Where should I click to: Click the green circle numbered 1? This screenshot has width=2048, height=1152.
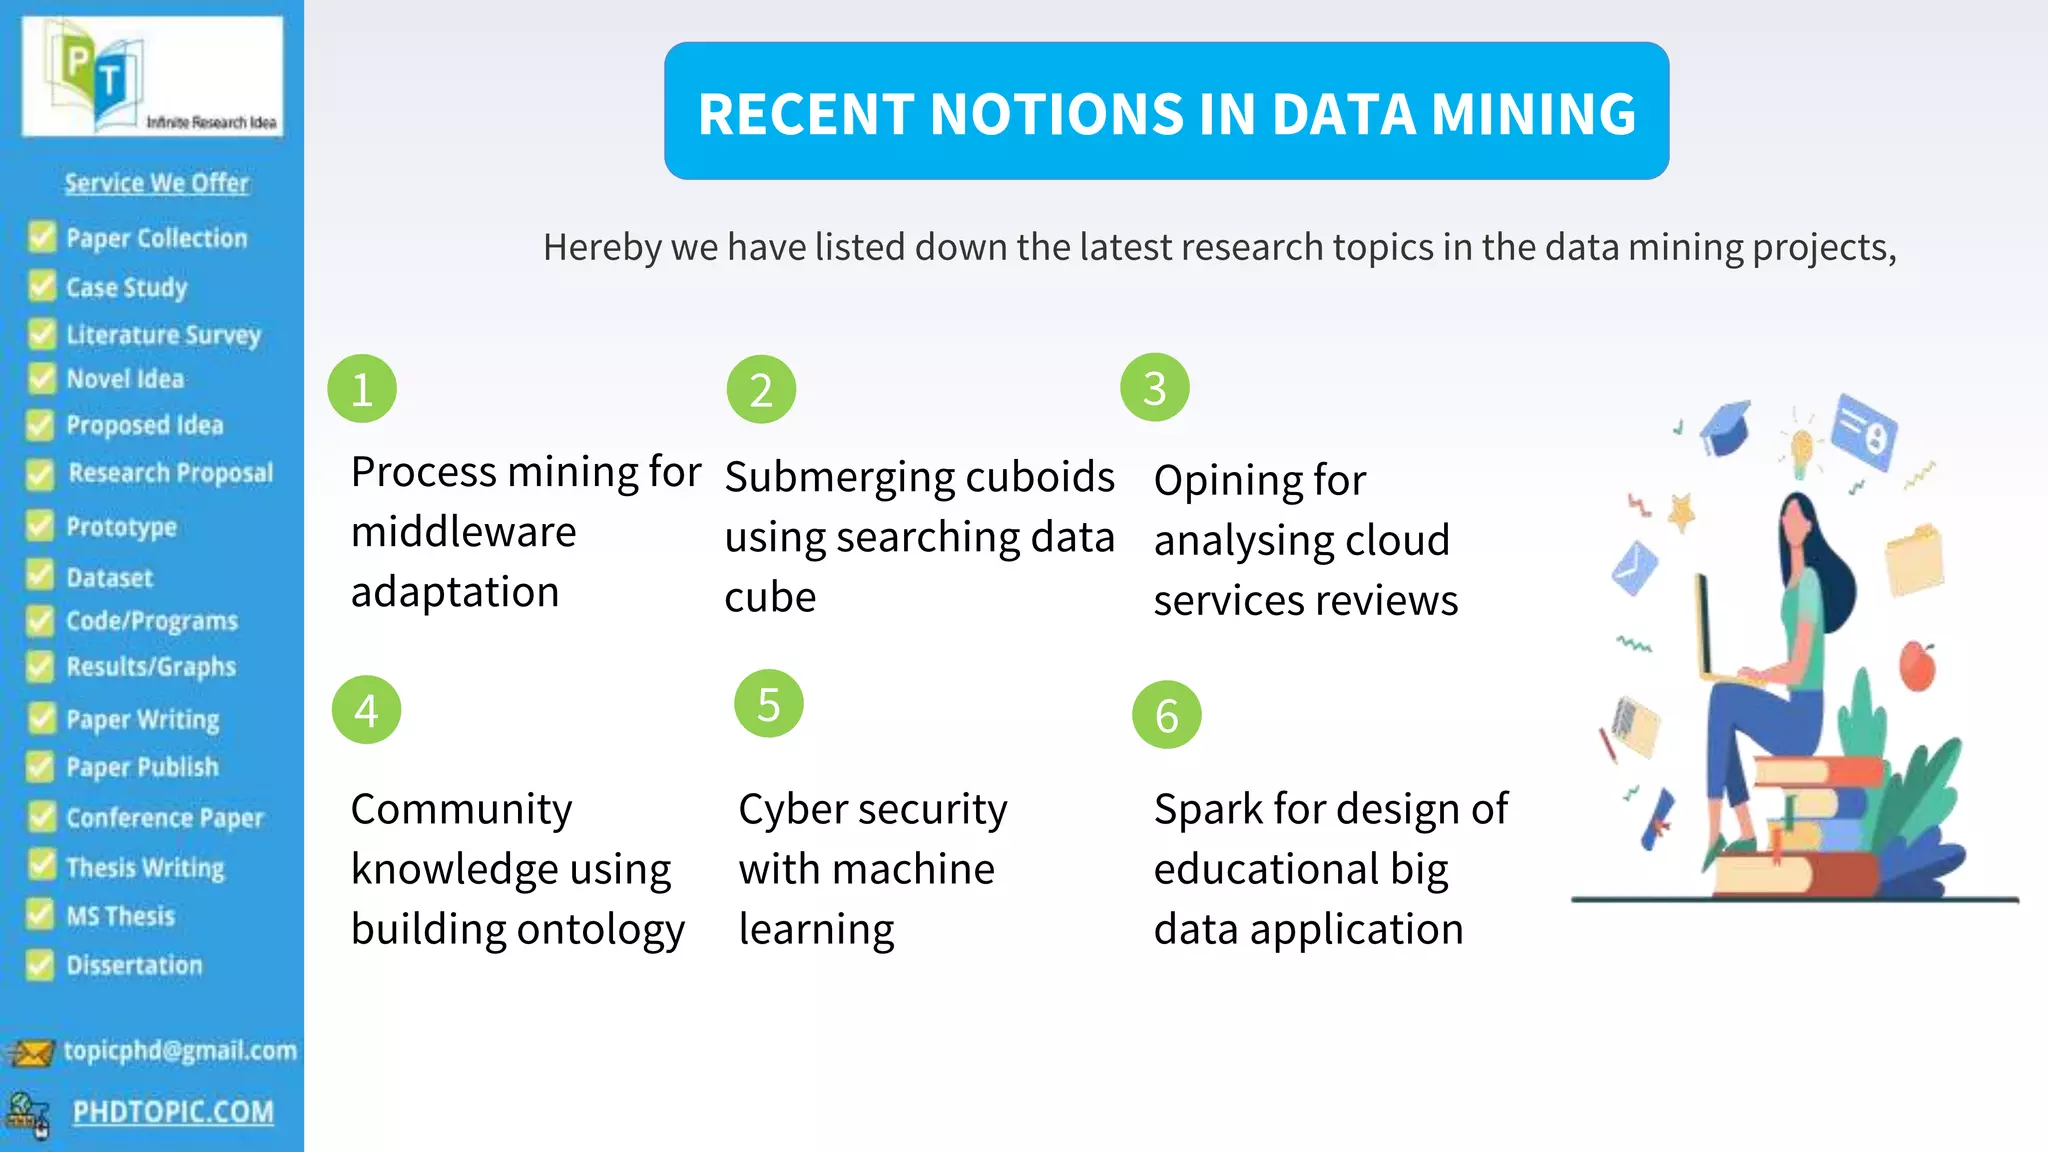coord(362,389)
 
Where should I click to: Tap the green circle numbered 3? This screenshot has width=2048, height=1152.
coord(1155,388)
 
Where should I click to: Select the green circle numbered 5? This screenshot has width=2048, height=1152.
coord(768,704)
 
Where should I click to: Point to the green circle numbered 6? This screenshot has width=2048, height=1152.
coord(1166,715)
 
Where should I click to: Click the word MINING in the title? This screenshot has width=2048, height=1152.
coord(1534,113)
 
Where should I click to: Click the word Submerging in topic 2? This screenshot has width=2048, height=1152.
coord(823,477)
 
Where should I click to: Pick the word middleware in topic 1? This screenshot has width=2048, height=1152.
coord(463,532)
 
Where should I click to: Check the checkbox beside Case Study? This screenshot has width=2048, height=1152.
coord(42,287)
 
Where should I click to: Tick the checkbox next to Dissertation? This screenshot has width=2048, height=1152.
coord(40,965)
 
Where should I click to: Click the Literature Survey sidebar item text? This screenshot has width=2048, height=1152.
coord(163,335)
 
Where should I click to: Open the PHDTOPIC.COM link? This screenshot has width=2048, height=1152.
coord(173,1112)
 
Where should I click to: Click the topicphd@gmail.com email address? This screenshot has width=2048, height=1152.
coord(180,1050)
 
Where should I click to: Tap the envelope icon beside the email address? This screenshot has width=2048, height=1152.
coord(31,1052)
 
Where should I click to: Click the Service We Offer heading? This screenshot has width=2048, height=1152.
coord(156,183)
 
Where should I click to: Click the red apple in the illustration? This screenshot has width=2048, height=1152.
coord(1917,666)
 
